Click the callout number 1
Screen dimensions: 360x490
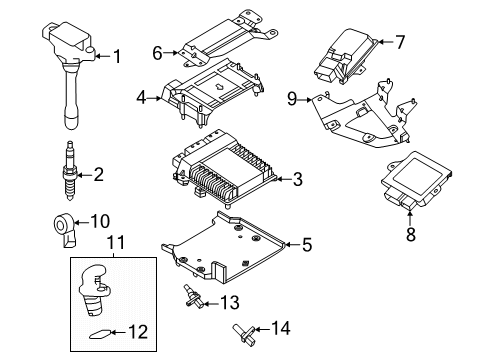click(x=117, y=56)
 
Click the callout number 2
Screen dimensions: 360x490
click(x=98, y=175)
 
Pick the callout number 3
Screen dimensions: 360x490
click(x=297, y=179)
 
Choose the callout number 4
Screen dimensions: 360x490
click(x=143, y=96)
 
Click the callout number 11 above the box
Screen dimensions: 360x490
click(x=113, y=242)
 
